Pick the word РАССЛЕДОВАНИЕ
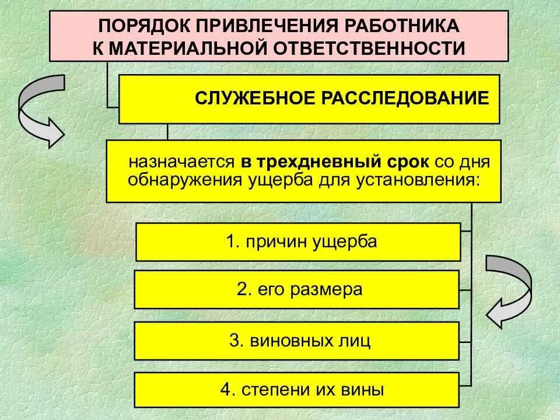click(x=405, y=97)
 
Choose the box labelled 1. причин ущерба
click(x=298, y=242)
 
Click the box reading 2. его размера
click(x=297, y=289)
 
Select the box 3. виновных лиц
click(x=297, y=340)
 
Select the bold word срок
click(x=408, y=160)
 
